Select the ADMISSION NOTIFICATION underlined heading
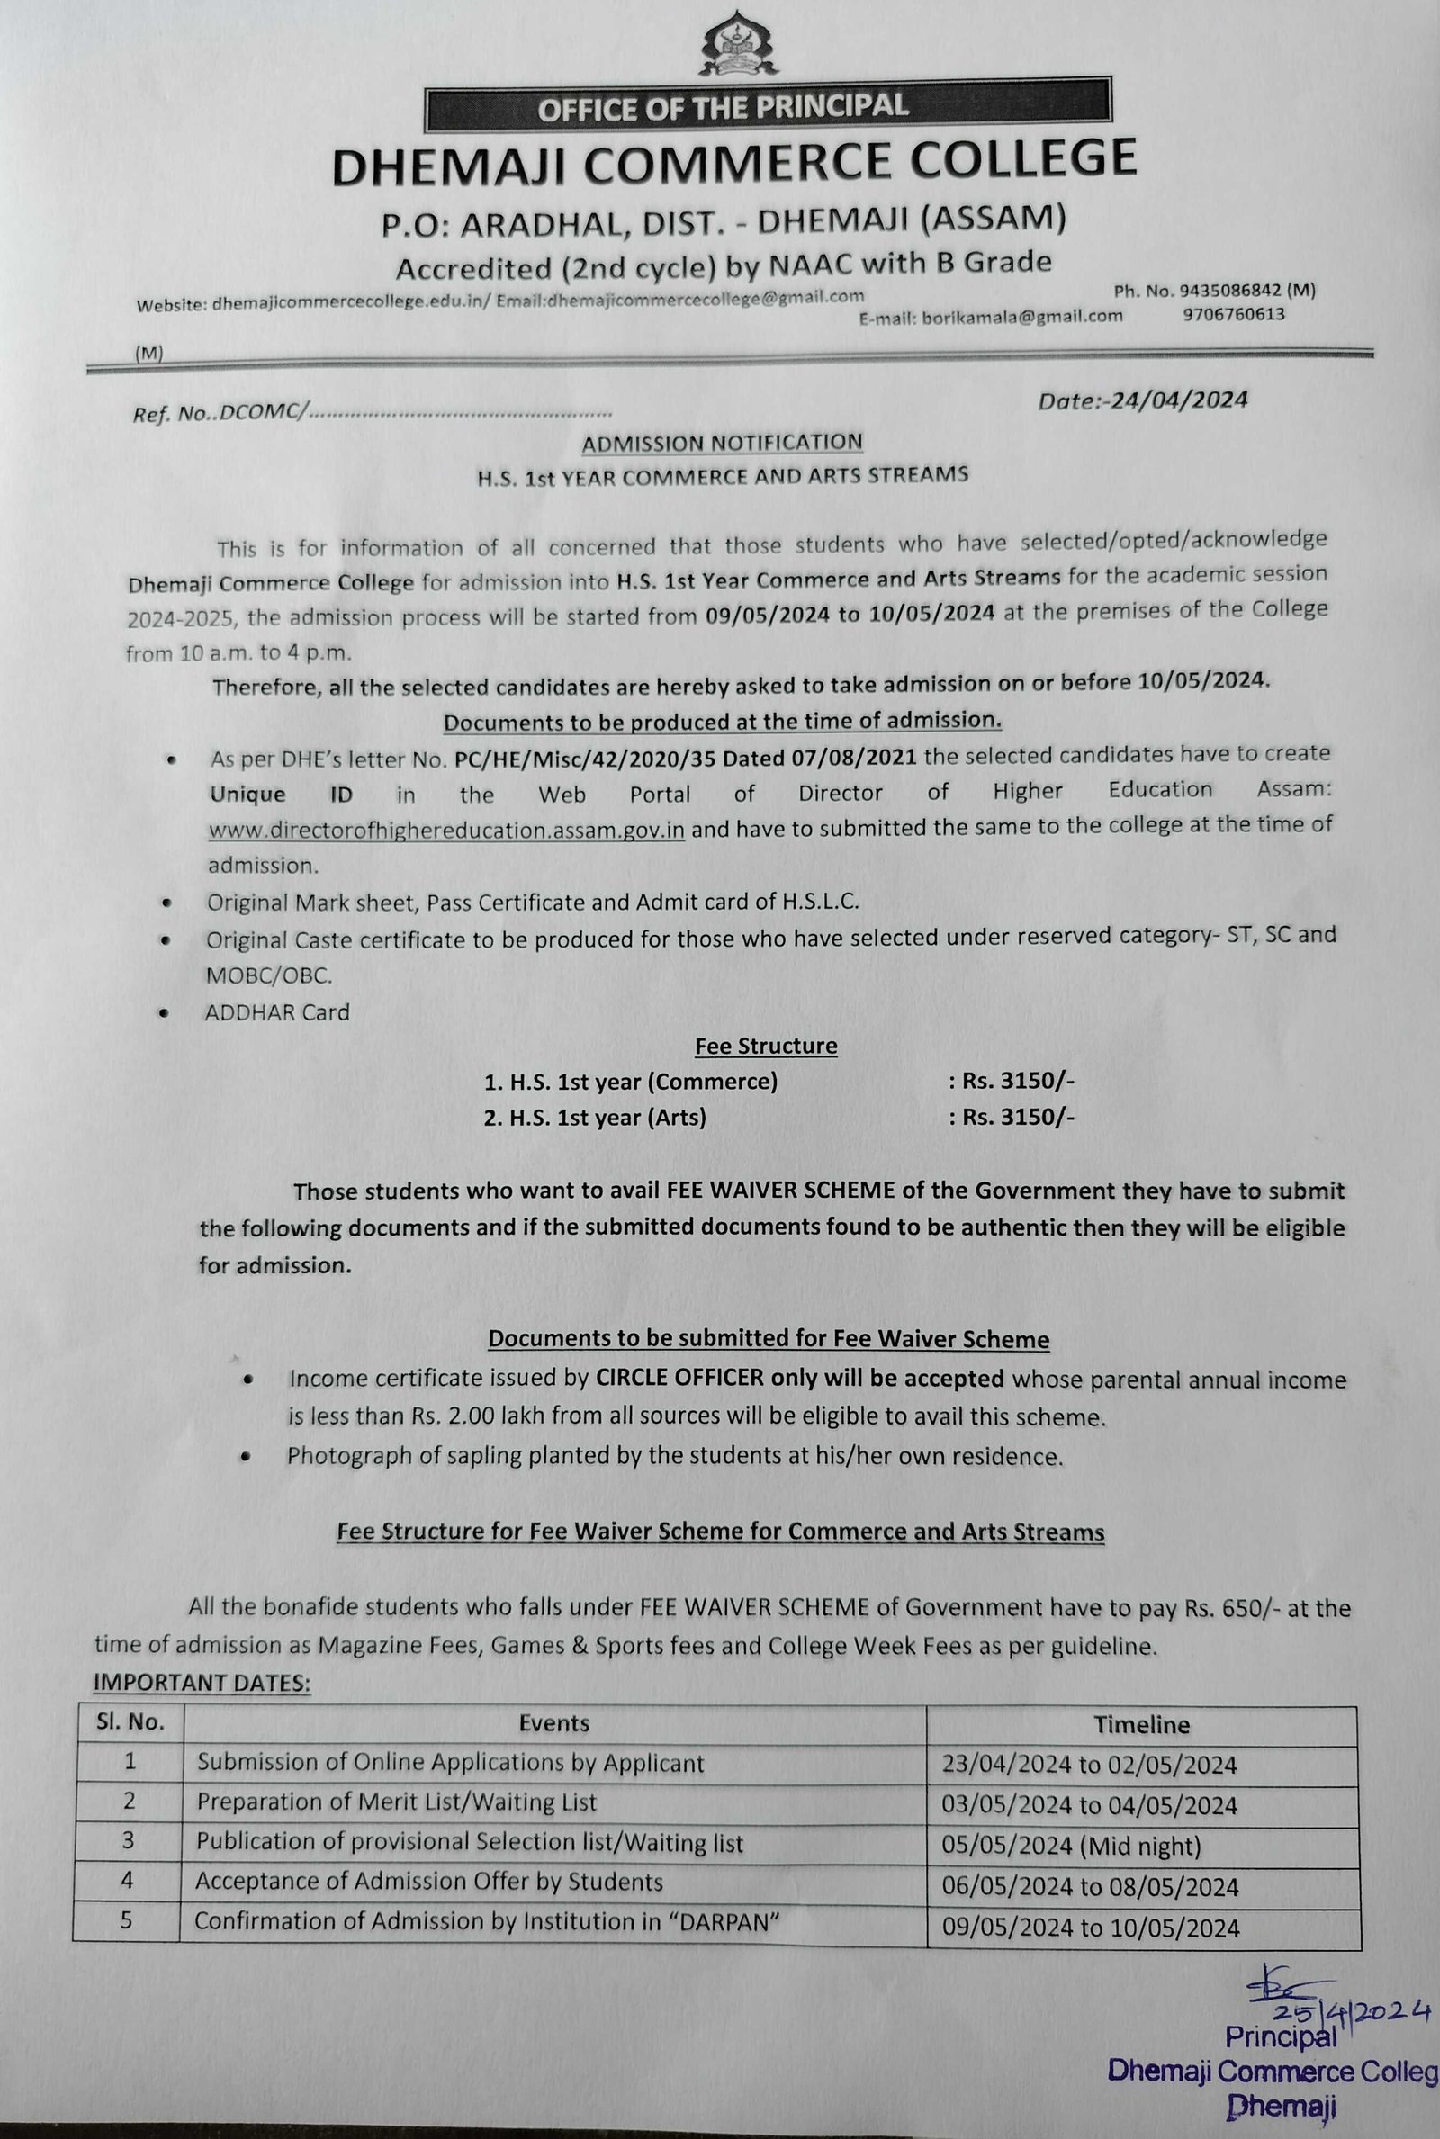coord(722,443)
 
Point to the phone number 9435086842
coord(1229,290)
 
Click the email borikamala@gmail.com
coord(1022,317)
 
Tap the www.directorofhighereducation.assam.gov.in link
coord(446,830)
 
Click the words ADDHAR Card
coord(277,1012)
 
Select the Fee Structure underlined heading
coord(766,1047)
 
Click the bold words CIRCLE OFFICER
coord(679,1379)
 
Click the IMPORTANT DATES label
coord(202,1683)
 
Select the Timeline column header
coord(1141,1725)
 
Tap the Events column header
coord(553,1723)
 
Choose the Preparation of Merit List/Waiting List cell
coord(397,1802)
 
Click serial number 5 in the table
coord(127,1921)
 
